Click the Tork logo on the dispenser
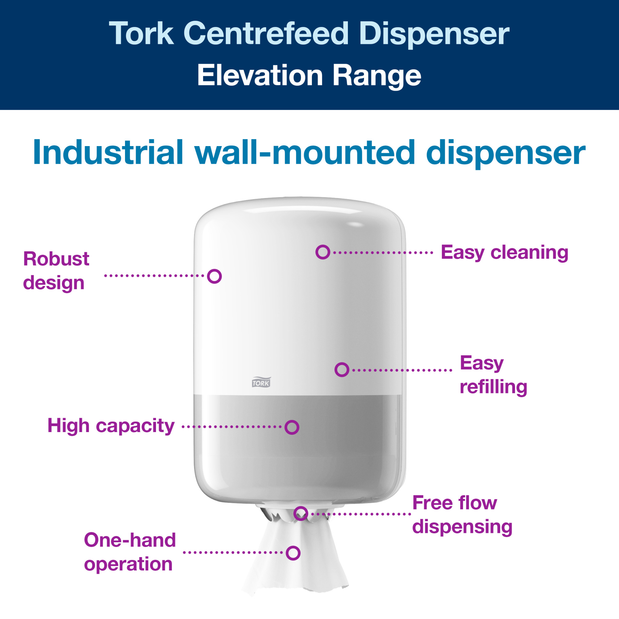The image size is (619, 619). pos(261,382)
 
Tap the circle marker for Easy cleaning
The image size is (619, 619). pos(322,252)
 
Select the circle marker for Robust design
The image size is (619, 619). pos(214,276)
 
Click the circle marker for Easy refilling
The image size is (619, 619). pos(342,370)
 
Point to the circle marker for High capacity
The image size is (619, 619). pos(292,427)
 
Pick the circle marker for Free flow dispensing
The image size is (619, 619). pos(301,513)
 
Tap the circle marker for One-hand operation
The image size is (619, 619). pos(293,553)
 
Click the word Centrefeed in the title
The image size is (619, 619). pos(266,34)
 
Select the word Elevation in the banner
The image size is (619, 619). pos(260,76)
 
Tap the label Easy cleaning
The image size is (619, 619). pos(504,253)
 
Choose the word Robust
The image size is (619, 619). pos(56,259)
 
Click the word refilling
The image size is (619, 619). pos(493,387)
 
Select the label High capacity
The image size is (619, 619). pos(111,426)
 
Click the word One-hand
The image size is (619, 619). pos(130,540)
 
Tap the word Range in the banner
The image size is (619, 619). pos(377,76)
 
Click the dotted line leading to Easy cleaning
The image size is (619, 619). pos(383,253)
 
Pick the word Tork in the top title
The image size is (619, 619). pos(141,34)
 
